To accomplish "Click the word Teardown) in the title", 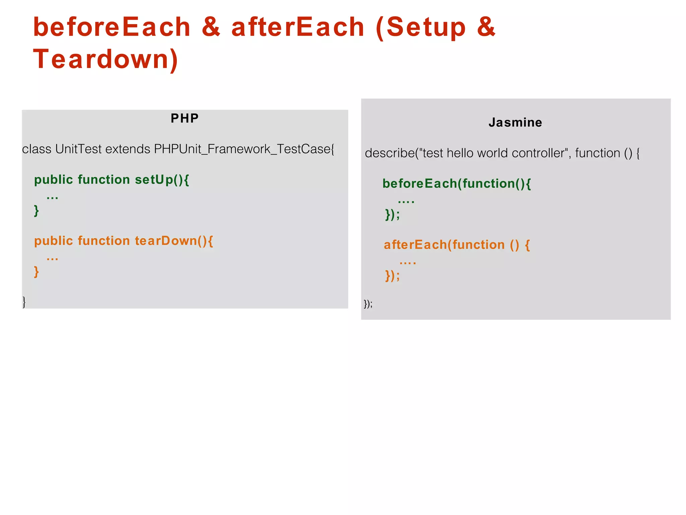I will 106,59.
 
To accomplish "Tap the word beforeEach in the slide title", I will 112,27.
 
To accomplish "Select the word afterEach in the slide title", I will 298,27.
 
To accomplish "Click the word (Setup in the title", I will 421,27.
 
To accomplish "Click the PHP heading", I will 185,118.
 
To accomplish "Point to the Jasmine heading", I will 515,123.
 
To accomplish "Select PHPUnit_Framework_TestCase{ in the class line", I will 244,149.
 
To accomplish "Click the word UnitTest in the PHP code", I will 78,149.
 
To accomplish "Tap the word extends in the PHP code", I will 128,149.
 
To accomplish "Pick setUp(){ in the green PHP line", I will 162,180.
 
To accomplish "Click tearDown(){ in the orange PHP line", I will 174,241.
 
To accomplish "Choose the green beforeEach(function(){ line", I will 457,184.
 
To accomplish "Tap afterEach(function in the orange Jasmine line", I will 444,245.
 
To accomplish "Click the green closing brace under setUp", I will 37,211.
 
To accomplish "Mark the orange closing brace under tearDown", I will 37,272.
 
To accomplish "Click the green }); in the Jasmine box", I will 392,215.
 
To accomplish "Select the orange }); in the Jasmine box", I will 392,276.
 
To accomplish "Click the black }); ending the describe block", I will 368,304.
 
